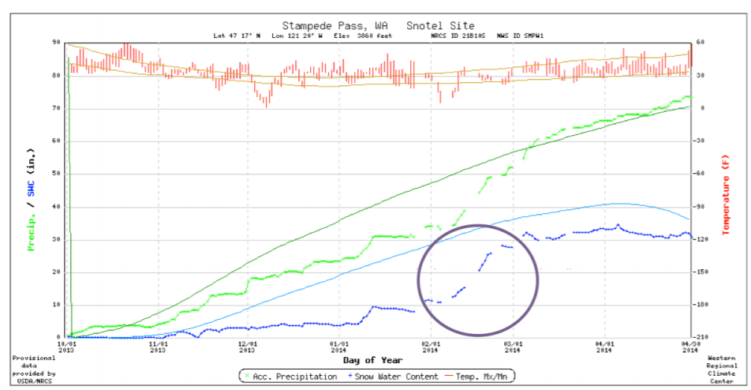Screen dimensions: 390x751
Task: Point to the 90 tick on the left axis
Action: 57,43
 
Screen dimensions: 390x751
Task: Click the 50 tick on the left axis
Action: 57,174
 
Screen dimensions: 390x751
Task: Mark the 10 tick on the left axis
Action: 57,305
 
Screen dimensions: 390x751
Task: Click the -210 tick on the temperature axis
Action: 703,337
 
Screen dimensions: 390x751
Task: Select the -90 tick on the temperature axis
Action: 703,207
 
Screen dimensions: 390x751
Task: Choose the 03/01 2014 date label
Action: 515,348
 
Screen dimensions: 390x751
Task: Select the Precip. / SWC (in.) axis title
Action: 32,189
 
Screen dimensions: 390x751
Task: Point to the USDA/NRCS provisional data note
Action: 33,368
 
